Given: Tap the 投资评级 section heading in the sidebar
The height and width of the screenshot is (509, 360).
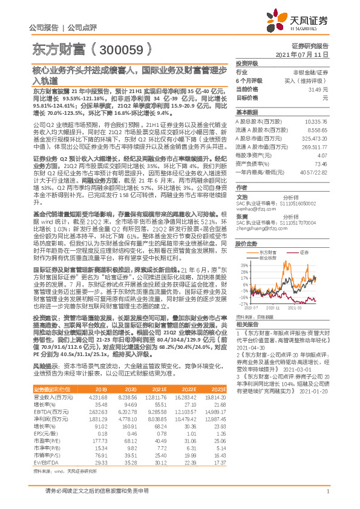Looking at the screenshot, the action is point(247,63).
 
